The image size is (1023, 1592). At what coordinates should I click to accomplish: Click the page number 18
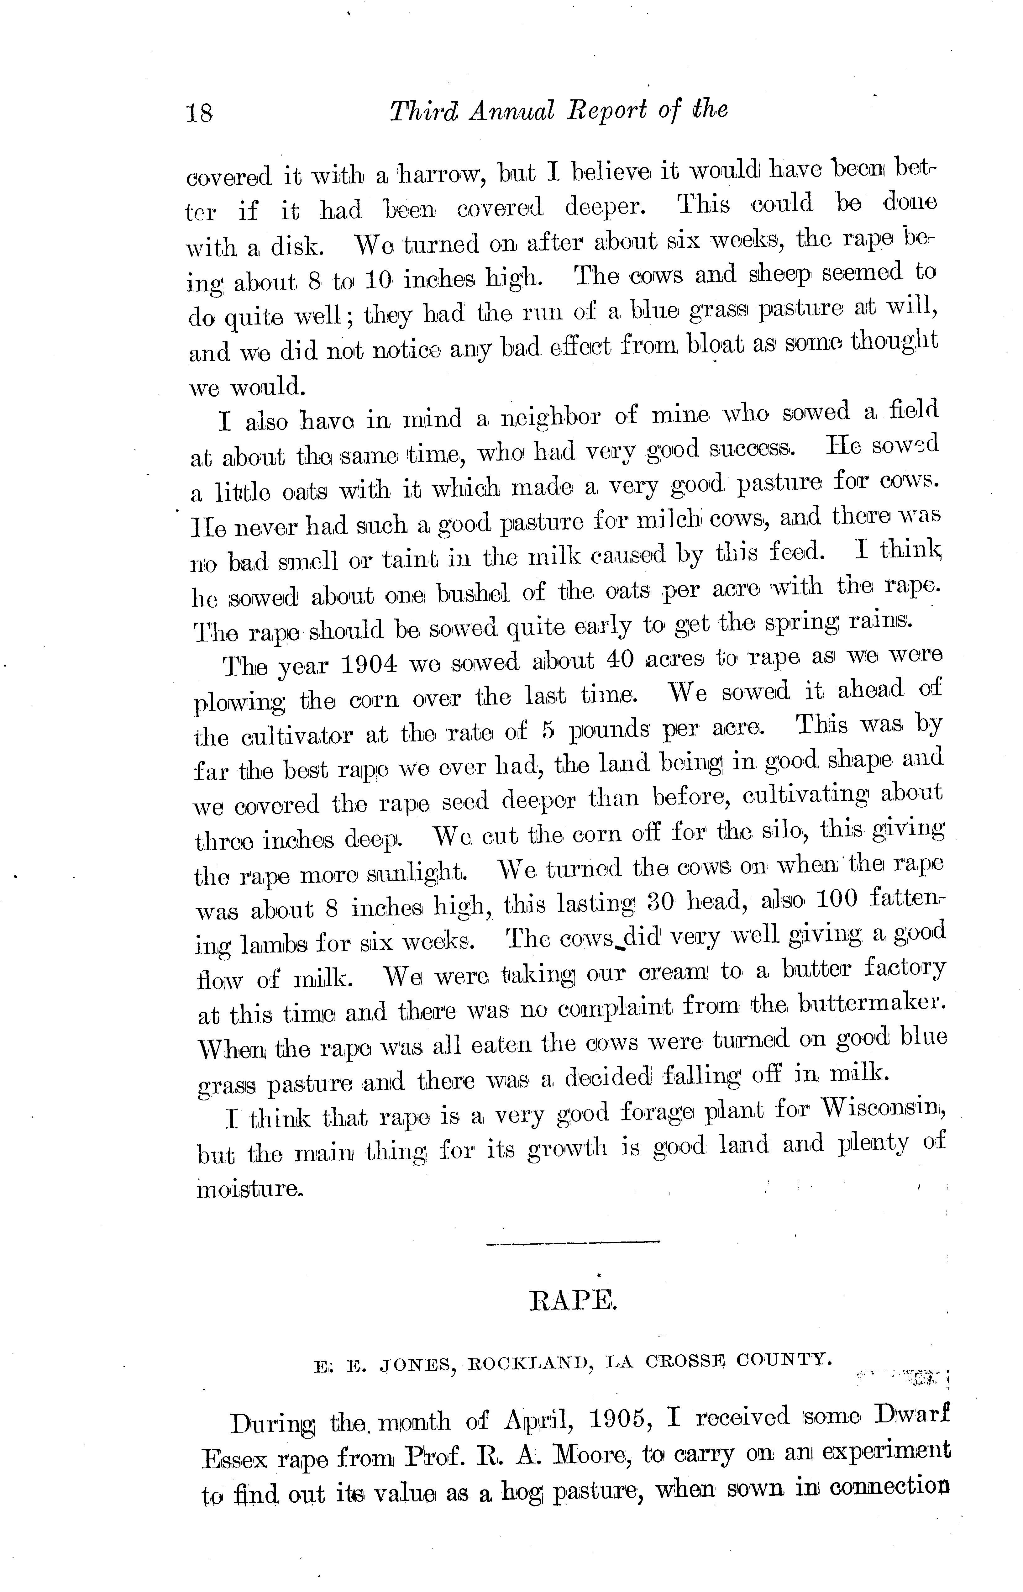pos(199,112)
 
